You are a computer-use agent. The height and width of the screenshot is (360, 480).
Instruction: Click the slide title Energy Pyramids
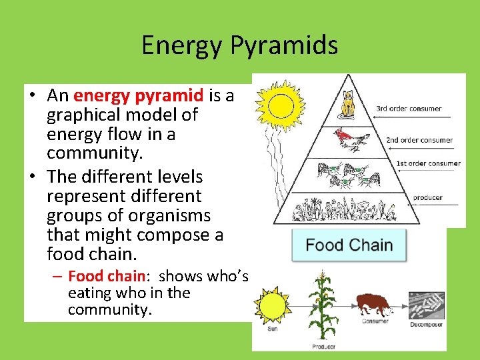(239, 45)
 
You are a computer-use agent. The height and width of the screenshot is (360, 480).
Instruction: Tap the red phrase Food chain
(107, 275)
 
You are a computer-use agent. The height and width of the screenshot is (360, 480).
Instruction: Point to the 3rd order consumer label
(409, 108)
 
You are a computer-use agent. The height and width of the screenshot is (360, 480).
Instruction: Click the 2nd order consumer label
(419, 140)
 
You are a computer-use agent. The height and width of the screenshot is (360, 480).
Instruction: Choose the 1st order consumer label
(428, 163)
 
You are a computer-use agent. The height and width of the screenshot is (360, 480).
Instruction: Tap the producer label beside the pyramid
(427, 197)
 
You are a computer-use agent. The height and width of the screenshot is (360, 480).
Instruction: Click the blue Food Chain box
(349, 245)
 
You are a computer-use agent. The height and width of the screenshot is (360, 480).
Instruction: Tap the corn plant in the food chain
(323, 307)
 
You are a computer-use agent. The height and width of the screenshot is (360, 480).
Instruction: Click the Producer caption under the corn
(323, 347)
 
